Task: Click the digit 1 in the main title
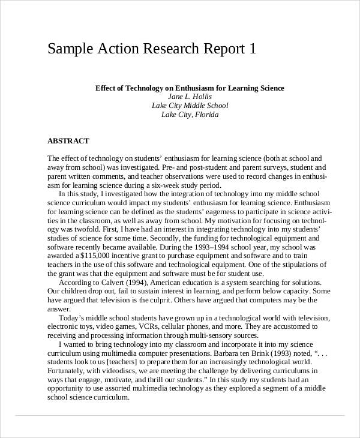[252, 49]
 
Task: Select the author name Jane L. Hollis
[190, 97]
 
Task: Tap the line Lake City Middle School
[190, 106]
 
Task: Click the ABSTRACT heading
[68, 141]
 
